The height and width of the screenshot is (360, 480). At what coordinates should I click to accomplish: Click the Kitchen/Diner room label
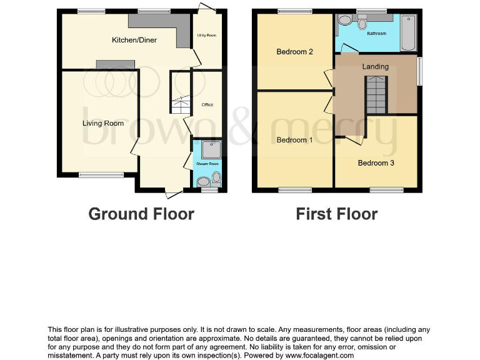pos(134,40)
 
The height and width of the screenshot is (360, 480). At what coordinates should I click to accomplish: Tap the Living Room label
pos(103,123)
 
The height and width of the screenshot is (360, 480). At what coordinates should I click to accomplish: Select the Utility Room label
pos(207,36)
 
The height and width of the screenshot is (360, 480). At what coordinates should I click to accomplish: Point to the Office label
pos(207,104)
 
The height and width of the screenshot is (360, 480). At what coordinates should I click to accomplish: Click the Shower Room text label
pos(207,164)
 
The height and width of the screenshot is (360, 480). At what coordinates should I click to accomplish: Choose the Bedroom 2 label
pos(294,52)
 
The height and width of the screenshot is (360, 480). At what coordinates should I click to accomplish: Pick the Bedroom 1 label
pos(294,140)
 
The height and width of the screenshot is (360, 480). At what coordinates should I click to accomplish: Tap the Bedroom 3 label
pos(376,163)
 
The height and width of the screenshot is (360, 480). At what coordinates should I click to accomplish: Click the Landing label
pos(375,66)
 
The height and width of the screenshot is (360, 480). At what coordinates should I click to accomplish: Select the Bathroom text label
pos(376,34)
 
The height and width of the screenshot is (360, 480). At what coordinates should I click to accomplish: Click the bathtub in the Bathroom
pos(407,33)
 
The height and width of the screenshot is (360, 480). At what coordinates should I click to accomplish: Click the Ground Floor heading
pos(141,214)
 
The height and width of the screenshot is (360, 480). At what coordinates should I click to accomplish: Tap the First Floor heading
pos(336,214)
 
